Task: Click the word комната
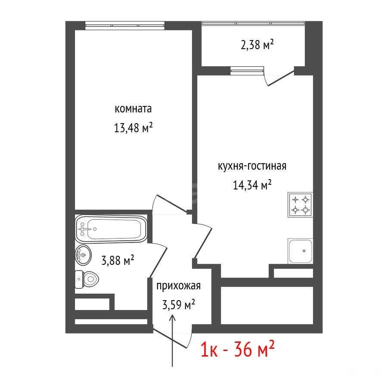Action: coord(133,109)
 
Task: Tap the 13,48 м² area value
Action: coord(133,128)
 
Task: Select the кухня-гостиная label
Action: coord(252,166)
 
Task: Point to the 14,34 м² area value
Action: coord(252,185)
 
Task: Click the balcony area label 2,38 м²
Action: coord(257,45)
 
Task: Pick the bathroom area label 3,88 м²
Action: coord(118,260)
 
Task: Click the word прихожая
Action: coord(178,286)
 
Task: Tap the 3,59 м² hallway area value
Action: coord(179,304)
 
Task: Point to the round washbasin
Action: coord(83,255)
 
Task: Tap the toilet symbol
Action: coord(87,279)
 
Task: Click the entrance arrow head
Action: coord(172,317)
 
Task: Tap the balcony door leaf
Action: coord(281,78)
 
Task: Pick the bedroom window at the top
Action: coord(125,26)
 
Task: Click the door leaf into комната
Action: coord(172,204)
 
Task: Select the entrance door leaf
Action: coord(170,338)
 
